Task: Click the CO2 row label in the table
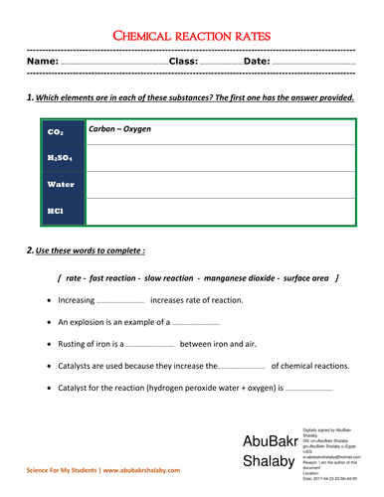[x=55, y=132]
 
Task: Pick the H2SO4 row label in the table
[x=59, y=158]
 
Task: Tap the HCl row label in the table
[x=56, y=211]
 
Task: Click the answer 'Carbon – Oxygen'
[x=122, y=130]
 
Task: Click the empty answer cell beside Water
[x=220, y=185]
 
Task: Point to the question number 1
[x=31, y=96]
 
